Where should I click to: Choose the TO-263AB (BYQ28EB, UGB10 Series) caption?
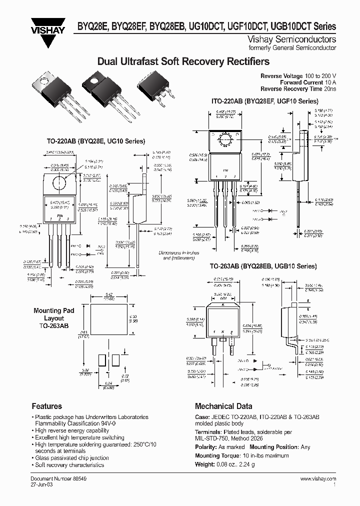(x=263, y=267)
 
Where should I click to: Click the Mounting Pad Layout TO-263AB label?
(x=53, y=318)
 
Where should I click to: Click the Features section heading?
(x=46, y=406)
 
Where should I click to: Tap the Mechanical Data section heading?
(x=223, y=406)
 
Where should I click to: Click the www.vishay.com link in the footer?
(x=320, y=478)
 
